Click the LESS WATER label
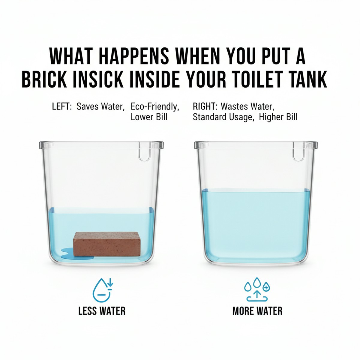tap(102, 311)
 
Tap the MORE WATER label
tap(257, 311)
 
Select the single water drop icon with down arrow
tap(102, 290)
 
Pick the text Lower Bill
tap(149, 117)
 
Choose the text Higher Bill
tap(278, 117)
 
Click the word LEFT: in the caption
tap(62, 106)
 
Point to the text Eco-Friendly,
tap(155, 106)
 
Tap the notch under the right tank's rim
tap(298, 154)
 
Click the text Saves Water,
tap(100, 106)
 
